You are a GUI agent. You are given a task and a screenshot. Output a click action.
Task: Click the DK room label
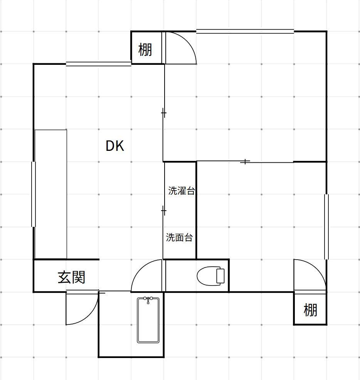pyautogui.click(x=115, y=146)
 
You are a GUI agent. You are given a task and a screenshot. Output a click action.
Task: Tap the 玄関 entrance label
pyautogui.click(x=71, y=277)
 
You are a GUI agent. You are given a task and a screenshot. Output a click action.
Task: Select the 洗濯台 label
pyautogui.click(x=182, y=191)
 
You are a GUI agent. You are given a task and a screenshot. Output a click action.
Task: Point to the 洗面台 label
pyautogui.click(x=179, y=237)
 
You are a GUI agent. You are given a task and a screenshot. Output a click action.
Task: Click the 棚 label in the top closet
pyautogui.click(x=145, y=50)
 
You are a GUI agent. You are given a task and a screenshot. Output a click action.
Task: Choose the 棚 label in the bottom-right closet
pyautogui.click(x=310, y=310)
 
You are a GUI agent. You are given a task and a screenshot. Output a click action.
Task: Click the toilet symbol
pyautogui.click(x=210, y=276)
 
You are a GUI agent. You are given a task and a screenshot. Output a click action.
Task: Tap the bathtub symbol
pyautogui.click(x=148, y=320)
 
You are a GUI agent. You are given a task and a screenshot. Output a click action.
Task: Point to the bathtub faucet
pyautogui.click(x=148, y=300)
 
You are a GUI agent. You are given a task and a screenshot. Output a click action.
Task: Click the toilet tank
pyautogui.click(x=220, y=276)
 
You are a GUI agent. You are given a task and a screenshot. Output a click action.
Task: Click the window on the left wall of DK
pyautogui.click(x=34, y=194)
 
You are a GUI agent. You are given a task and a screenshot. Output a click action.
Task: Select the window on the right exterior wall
pyautogui.click(x=326, y=226)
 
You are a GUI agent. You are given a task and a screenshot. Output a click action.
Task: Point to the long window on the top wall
pyautogui.click(x=245, y=31)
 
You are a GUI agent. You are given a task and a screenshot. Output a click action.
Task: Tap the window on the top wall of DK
pyautogui.click(x=99, y=64)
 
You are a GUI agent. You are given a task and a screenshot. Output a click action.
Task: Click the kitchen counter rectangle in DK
pyautogui.click(x=51, y=194)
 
